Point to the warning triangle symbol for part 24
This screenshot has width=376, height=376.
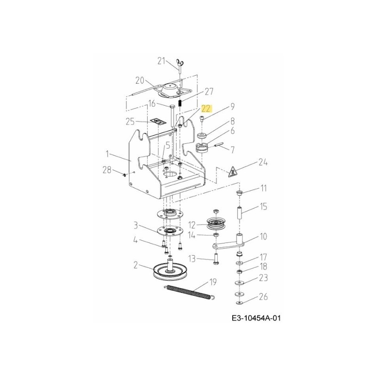click(x=233, y=172)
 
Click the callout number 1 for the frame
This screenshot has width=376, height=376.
click(x=107, y=153)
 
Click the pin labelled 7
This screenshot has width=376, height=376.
click(x=219, y=146)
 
